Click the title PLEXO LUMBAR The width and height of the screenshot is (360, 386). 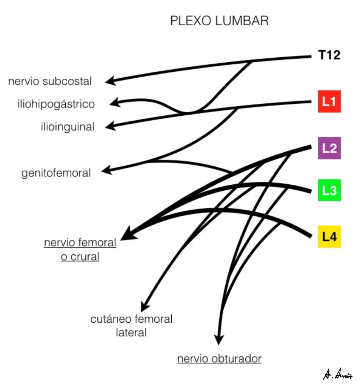click(x=219, y=21)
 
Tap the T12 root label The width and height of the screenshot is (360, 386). click(x=329, y=55)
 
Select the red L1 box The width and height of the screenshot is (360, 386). click(x=329, y=101)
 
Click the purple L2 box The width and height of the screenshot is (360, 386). click(x=329, y=148)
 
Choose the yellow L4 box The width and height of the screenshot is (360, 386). click(x=329, y=237)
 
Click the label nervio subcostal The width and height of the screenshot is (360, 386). click(x=50, y=81)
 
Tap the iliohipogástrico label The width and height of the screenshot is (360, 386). click(x=55, y=104)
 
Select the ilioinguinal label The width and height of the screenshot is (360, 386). click(x=68, y=127)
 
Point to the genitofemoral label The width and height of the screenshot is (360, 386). click(x=56, y=173)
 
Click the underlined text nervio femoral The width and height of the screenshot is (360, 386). click(x=80, y=242)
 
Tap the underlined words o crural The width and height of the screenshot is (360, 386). click(x=80, y=257)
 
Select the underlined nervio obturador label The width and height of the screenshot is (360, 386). click(x=219, y=358)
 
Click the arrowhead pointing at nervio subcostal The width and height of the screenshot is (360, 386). click(x=109, y=81)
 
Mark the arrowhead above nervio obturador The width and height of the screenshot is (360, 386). click(x=218, y=340)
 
